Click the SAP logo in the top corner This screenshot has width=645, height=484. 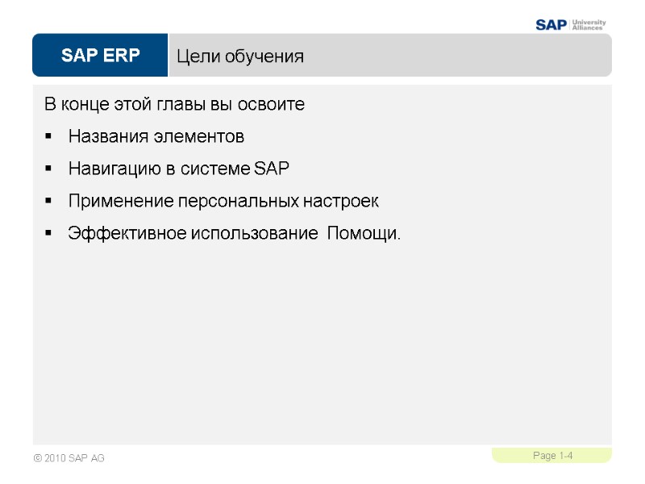tap(551, 24)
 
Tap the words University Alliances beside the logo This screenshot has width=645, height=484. tap(589, 24)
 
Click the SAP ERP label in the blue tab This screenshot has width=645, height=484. tap(100, 56)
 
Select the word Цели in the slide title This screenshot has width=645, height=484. tap(196, 56)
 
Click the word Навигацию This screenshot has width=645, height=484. tap(111, 169)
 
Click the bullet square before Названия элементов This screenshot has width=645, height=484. tap(48, 138)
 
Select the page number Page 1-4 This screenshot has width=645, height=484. tap(552, 457)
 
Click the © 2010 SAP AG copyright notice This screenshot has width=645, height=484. tap(69, 458)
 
